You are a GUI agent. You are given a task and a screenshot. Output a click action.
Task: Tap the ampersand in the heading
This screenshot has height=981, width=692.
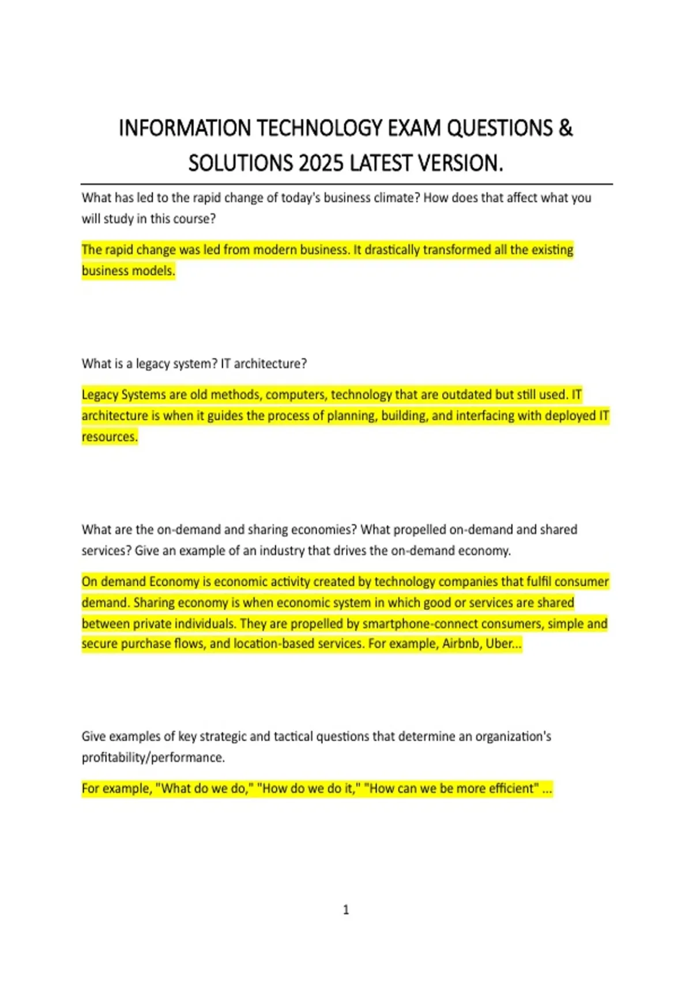(x=566, y=128)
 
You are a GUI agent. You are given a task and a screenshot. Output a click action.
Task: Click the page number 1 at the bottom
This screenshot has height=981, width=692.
(x=346, y=910)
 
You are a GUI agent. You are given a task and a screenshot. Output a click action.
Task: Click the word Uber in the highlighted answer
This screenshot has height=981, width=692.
(x=499, y=643)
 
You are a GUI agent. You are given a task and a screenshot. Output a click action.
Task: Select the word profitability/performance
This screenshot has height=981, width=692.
(x=153, y=758)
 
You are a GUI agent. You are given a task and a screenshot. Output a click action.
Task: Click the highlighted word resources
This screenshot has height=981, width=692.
(x=110, y=437)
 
